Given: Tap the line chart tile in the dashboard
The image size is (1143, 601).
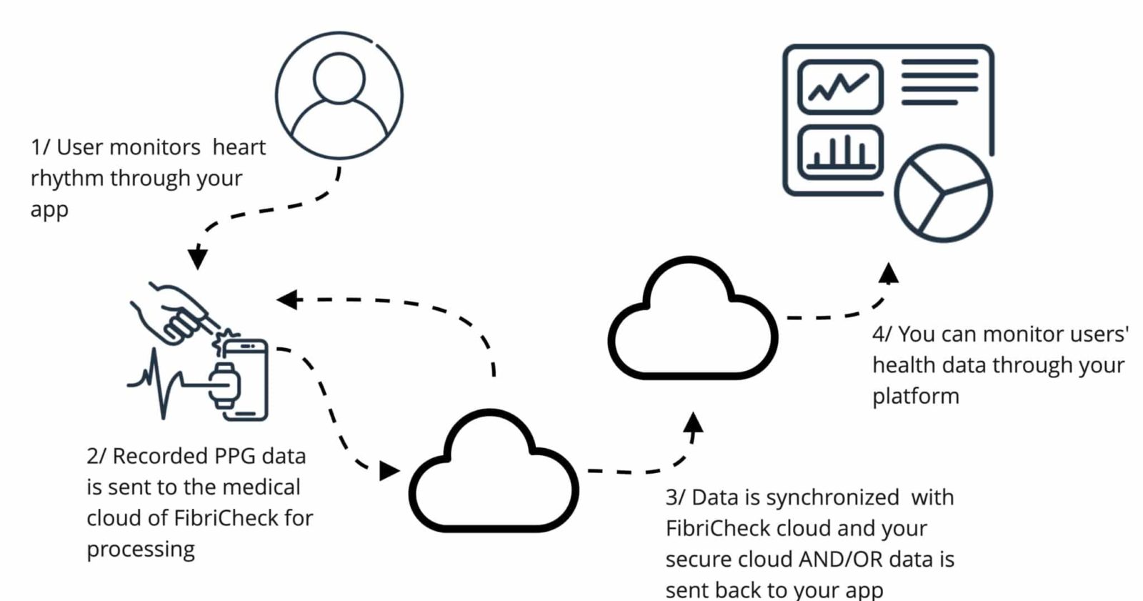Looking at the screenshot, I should [x=840, y=87].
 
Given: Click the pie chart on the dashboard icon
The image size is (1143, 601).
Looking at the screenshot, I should [x=943, y=193].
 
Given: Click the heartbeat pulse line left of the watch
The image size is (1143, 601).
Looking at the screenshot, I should [x=161, y=382].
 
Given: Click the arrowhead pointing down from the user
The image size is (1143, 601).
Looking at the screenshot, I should [x=197, y=257].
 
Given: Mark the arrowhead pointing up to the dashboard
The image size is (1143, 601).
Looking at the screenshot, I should [x=889, y=273].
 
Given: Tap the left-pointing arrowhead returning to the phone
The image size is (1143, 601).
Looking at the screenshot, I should [x=287, y=299].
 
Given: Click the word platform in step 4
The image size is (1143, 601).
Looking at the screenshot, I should [x=915, y=397].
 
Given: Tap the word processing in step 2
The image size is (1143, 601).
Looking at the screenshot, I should [x=141, y=550].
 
